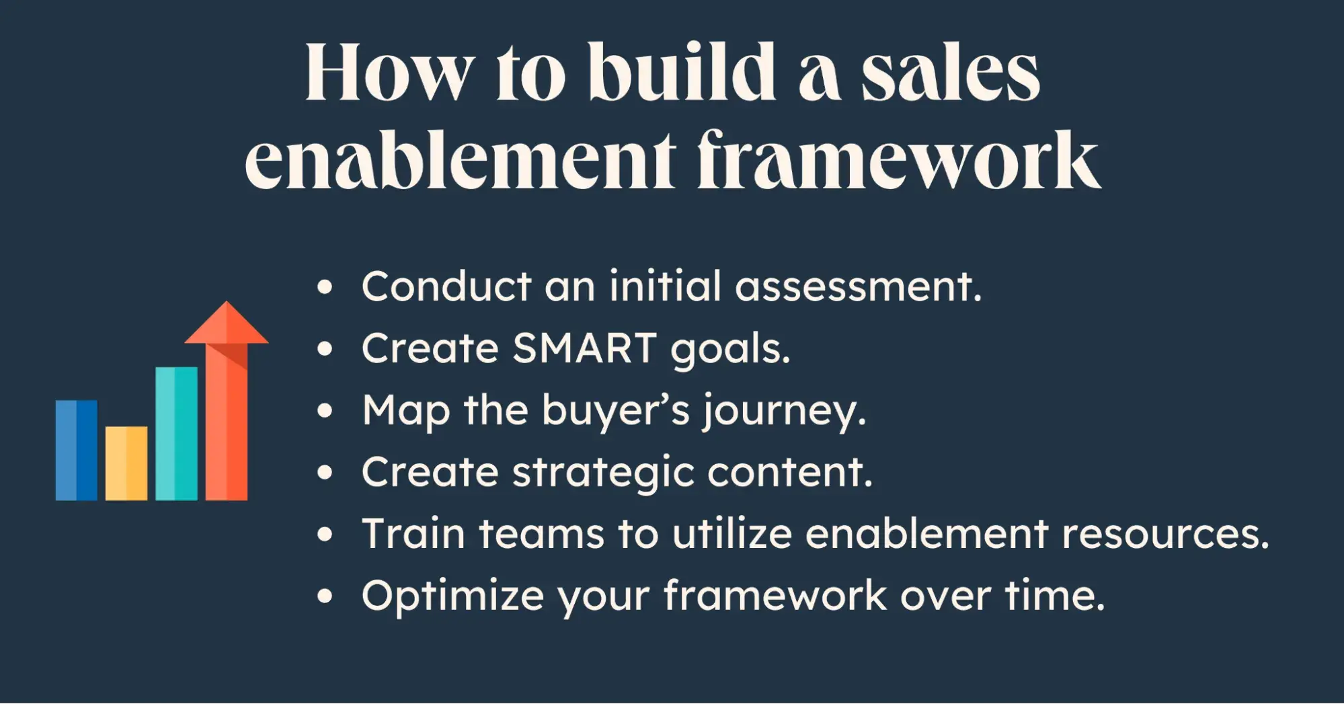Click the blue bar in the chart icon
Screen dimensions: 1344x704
point(76,450)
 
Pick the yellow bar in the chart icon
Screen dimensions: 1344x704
point(126,463)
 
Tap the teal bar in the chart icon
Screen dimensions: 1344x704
point(176,433)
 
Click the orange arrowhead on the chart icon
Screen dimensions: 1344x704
point(227,323)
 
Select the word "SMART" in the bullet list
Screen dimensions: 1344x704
point(584,348)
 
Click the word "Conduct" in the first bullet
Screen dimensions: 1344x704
point(446,286)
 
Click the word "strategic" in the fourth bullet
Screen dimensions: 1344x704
point(603,472)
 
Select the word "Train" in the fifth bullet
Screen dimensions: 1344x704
point(413,534)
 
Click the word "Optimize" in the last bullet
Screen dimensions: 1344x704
point(453,596)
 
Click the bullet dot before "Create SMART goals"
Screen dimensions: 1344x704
point(325,349)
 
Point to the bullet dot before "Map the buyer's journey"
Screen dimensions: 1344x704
point(325,411)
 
